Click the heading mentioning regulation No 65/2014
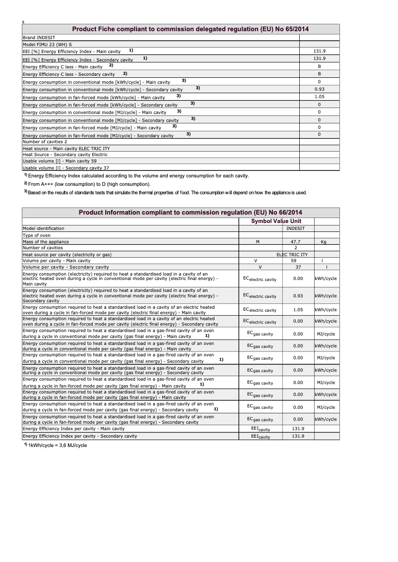[x=191, y=29]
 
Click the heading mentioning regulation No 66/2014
[x=191, y=213]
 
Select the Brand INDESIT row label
[x=39, y=37]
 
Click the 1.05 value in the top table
[x=319, y=97]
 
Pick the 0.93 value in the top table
[x=319, y=89]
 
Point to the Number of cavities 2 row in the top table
[x=45, y=142]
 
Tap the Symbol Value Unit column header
[x=276, y=221]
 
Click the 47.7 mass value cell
[x=296, y=242]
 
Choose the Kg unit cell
[x=324, y=242]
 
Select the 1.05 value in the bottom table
[x=298, y=310]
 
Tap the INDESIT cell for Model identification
[x=296, y=228]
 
